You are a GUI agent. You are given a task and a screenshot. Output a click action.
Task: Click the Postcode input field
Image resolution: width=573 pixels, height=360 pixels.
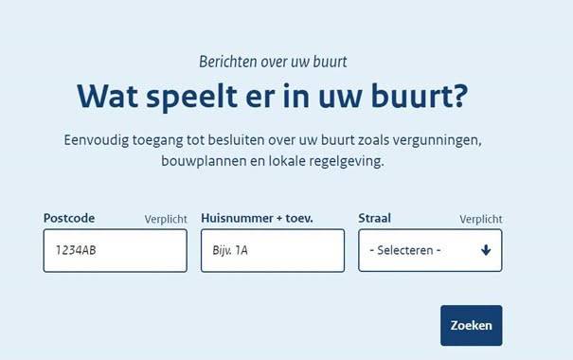[116, 251]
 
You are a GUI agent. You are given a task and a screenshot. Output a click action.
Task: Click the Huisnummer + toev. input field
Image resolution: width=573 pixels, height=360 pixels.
[273, 251]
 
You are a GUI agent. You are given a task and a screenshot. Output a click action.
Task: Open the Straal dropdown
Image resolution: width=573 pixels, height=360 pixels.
[430, 251]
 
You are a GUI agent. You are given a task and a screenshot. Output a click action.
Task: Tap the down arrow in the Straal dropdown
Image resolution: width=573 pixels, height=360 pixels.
[486, 250]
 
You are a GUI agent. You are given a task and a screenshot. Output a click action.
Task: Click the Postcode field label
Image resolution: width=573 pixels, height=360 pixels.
[69, 218]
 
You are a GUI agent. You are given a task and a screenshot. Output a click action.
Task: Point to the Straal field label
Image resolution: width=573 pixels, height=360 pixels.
[374, 218]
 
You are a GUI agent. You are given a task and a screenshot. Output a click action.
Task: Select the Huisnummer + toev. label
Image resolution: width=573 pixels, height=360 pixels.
[257, 218]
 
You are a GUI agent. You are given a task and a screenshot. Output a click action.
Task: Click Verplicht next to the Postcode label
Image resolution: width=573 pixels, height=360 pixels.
[166, 219]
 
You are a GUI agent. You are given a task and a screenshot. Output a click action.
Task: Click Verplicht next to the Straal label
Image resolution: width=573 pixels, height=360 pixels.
[480, 219]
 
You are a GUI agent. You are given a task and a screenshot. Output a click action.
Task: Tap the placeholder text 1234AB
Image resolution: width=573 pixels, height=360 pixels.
[76, 250]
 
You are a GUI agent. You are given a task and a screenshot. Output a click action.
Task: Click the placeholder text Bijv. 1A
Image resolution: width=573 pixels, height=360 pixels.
[230, 250]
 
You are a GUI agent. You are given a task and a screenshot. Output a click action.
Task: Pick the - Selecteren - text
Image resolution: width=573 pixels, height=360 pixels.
[405, 250]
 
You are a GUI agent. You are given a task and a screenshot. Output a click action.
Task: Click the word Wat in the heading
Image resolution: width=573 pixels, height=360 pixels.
[107, 96]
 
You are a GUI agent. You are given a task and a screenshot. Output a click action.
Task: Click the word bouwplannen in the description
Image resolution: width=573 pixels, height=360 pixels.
[204, 161]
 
